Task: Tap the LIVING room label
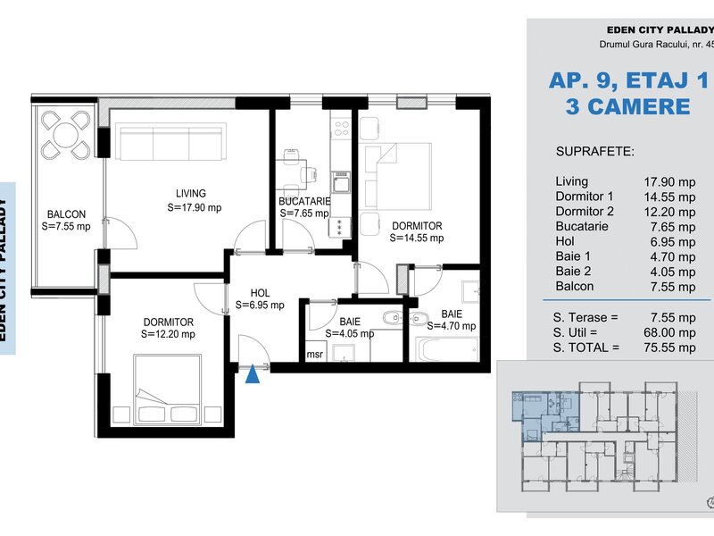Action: pos(191,193)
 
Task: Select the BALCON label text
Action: pos(66,214)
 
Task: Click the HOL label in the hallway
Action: pos(260,293)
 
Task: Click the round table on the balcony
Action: pos(66,136)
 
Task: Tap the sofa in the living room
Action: pos(172,141)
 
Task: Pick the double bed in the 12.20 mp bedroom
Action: pos(168,389)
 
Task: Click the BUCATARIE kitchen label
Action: pos(304,201)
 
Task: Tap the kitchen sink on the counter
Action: pos(341,182)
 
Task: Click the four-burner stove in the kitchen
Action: pos(341,128)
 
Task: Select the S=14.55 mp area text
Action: pos(417,238)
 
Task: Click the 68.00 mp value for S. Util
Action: pos(669,332)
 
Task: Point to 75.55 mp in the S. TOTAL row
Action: pos(669,348)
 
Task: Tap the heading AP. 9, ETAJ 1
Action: pos(629,80)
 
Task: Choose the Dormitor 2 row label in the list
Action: pos(585,212)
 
